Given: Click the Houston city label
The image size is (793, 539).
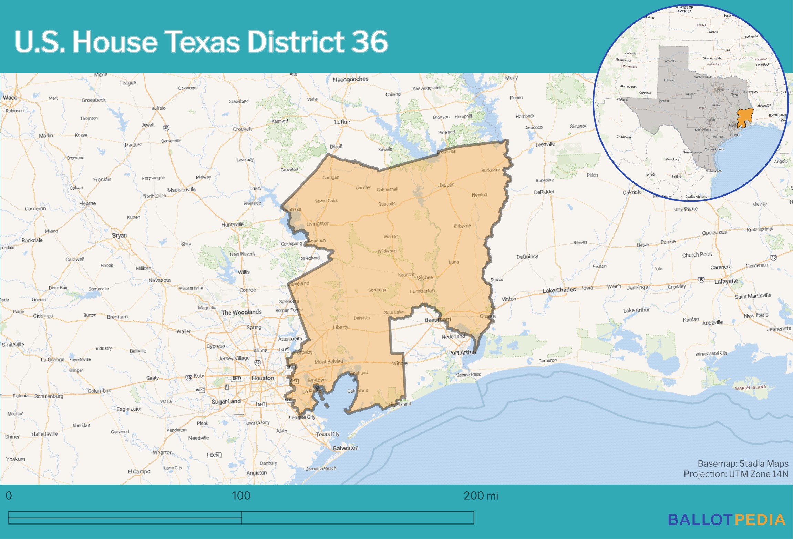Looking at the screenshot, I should pos(262,378).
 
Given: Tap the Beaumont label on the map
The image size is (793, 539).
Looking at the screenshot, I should pos(437,320).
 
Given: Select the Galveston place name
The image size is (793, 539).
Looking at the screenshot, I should pos(345,448).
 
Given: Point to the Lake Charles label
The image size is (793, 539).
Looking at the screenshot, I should pos(559,290).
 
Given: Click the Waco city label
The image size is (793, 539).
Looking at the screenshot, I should pos(10,98).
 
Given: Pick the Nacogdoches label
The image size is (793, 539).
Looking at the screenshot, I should pos(350,79).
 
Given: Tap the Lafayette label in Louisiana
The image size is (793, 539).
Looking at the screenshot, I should pos(726,281).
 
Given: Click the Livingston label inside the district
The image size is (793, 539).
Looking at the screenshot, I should pos(318,224).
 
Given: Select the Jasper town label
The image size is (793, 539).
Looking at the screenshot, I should pos(446,185).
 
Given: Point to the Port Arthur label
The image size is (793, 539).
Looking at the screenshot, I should pos(462,352).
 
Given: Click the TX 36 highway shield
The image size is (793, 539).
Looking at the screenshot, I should pos(214,455).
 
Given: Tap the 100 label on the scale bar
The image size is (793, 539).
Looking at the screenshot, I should pos(241,496).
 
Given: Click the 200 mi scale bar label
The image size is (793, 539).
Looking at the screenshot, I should pos(481,496).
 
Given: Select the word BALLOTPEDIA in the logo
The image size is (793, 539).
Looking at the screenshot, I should pos(727,520).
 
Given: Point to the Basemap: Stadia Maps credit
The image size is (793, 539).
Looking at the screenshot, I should pos(743,463).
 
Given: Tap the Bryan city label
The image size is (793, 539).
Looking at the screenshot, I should pos(119,236).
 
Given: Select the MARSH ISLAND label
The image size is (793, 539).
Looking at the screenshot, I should pos(751,388).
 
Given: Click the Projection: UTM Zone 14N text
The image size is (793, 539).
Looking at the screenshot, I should pos(736,474).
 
